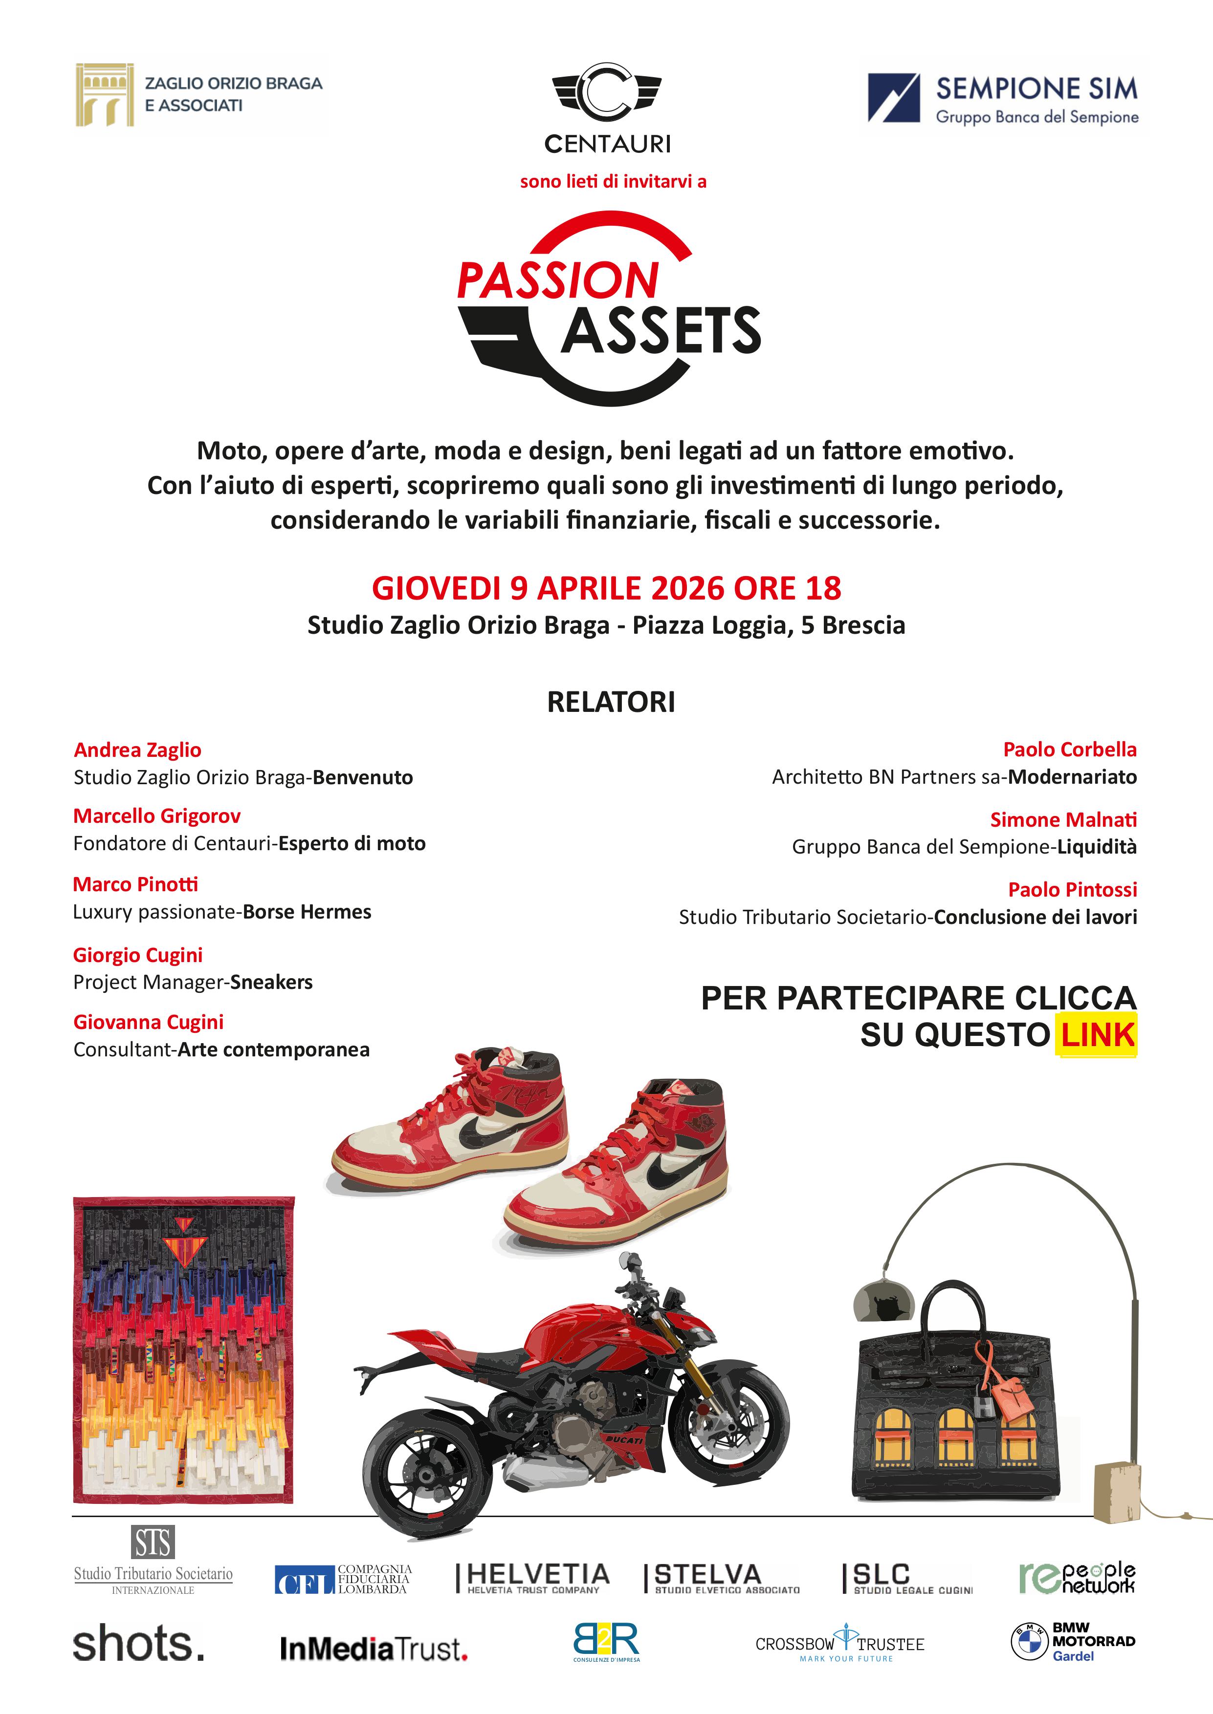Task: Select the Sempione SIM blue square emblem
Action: click(x=893, y=98)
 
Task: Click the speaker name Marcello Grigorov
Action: click(x=157, y=816)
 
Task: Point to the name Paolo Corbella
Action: click(x=1070, y=750)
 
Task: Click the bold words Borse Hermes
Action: click(x=307, y=912)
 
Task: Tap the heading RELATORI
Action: click(x=611, y=703)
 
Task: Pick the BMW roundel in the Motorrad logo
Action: click(x=1029, y=1642)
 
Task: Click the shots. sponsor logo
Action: click(x=138, y=1645)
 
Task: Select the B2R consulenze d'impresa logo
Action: click(x=606, y=1642)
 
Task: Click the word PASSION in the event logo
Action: click(x=557, y=280)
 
